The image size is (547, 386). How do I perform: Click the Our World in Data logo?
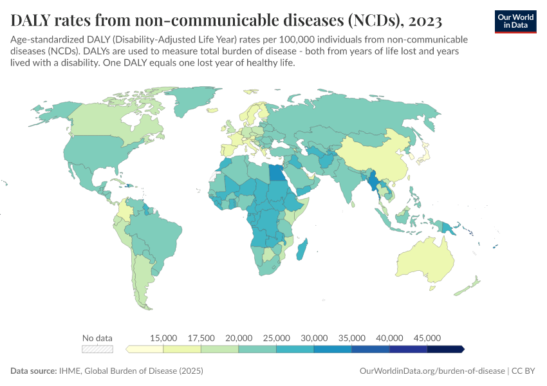(x=515, y=21)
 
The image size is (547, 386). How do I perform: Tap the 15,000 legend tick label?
(x=163, y=338)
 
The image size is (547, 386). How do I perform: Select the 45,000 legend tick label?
(x=427, y=338)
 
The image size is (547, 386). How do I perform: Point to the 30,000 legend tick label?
(x=314, y=338)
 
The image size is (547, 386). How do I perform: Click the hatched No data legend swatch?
(x=97, y=349)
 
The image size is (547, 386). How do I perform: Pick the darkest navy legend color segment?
(x=446, y=349)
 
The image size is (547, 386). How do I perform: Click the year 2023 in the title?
(x=425, y=21)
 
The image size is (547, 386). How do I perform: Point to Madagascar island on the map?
(x=301, y=249)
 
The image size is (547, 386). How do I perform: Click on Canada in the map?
(x=109, y=119)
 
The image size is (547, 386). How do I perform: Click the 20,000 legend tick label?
(x=239, y=338)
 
